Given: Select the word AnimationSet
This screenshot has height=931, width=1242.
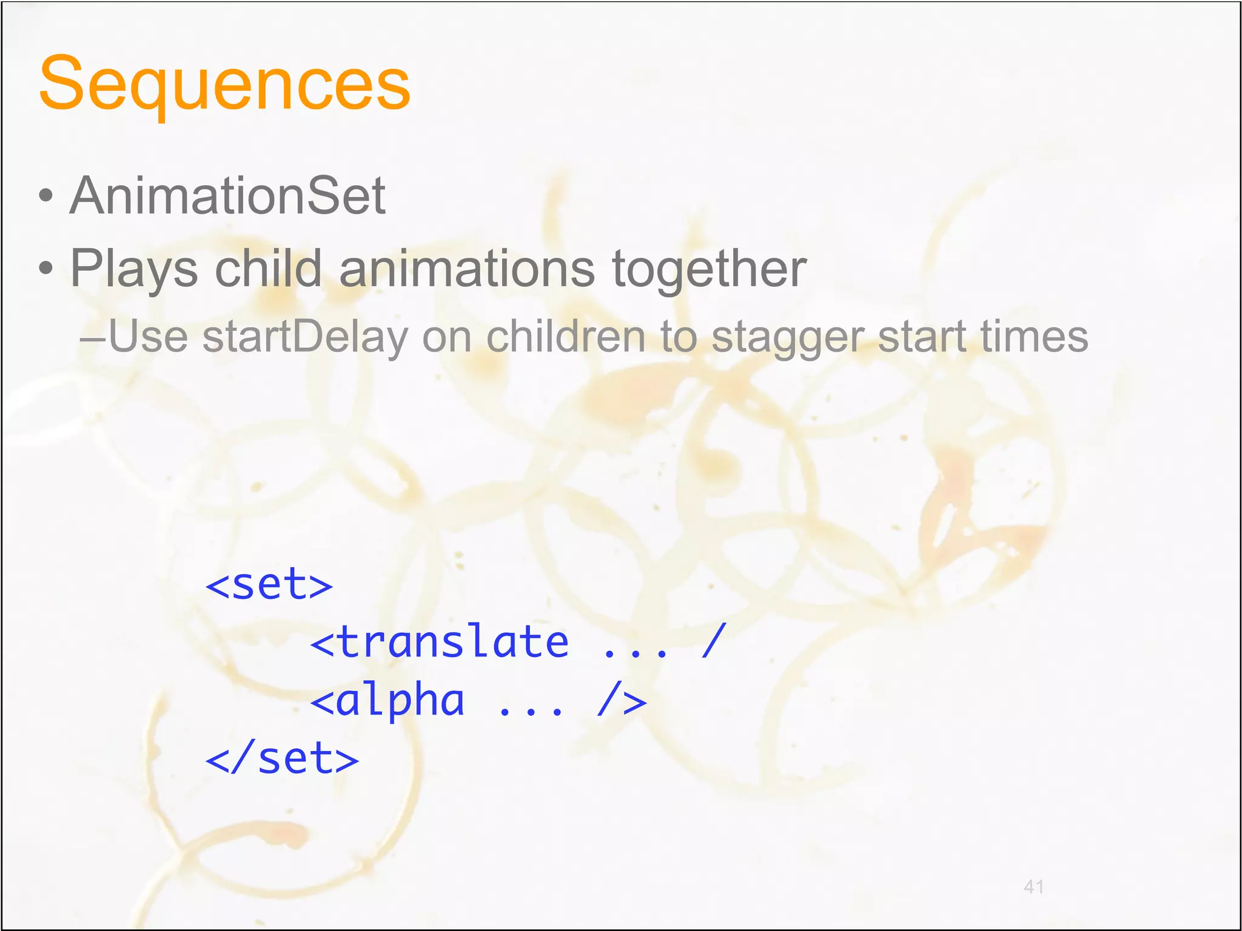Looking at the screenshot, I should point(227,196).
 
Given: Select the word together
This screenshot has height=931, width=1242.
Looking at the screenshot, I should point(709,269).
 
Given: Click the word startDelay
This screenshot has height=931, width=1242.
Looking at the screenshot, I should point(305,337).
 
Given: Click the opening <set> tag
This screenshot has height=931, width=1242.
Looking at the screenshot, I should point(269,585).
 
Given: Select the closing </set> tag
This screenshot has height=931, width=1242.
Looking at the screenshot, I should point(282,759).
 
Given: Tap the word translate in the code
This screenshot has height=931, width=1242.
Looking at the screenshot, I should point(453,642).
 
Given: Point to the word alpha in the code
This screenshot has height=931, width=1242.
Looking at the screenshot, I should point(400,701).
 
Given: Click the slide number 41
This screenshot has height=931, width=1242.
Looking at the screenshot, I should point(1033,887).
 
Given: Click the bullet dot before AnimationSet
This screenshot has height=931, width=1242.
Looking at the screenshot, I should point(45,196).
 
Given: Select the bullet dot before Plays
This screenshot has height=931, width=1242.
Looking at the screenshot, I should point(45,268).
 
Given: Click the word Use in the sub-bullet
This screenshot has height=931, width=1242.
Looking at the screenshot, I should point(148,337).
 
